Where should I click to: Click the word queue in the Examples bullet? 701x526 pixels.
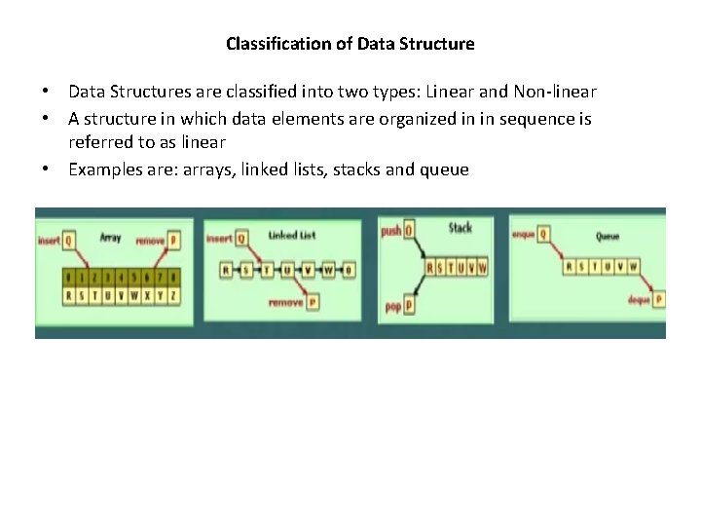(x=443, y=169)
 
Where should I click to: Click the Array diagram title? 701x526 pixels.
(x=110, y=238)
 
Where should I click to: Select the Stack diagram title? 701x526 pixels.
(x=460, y=228)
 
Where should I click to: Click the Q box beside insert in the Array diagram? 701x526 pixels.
(x=69, y=240)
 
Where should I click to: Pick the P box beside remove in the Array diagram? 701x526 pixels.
(x=173, y=240)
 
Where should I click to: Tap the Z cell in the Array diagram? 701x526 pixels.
(x=173, y=293)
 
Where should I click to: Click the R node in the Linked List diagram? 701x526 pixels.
(x=226, y=270)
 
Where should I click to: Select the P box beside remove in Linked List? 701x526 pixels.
(x=312, y=302)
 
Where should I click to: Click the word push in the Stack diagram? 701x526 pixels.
(x=390, y=232)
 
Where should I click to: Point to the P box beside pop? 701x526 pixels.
(x=409, y=306)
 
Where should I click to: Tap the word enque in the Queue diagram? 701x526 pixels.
(x=524, y=234)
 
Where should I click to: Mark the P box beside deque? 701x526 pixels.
(x=659, y=298)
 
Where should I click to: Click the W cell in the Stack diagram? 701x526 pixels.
(x=482, y=267)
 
